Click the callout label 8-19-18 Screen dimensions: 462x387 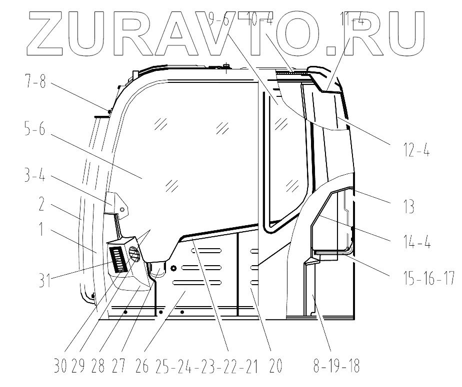tap(336, 367)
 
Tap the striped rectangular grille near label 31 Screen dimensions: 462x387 tap(120, 260)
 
